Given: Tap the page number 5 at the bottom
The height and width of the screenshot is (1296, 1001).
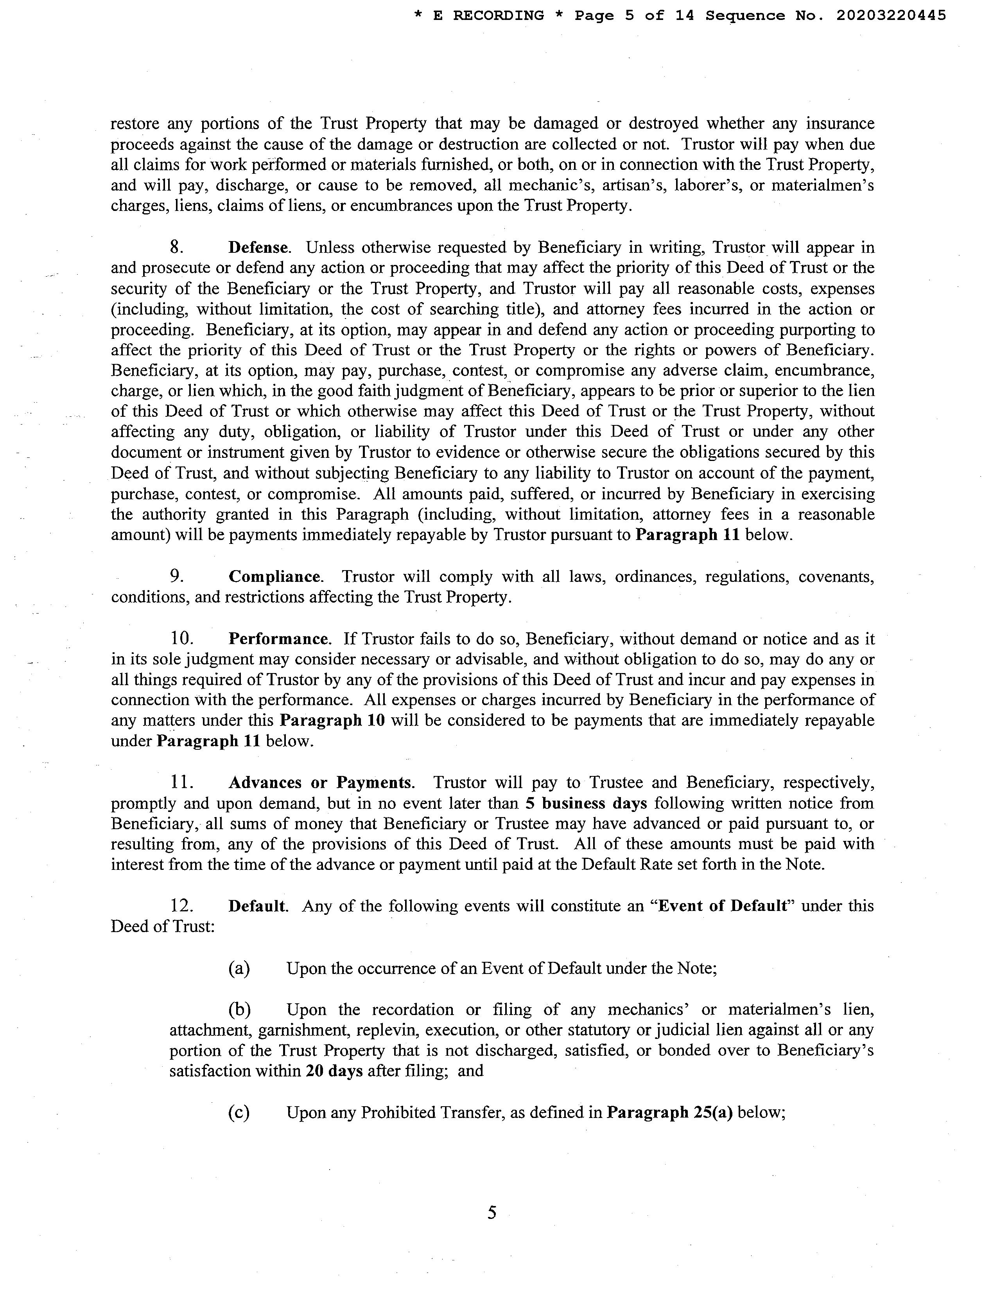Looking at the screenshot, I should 492,1212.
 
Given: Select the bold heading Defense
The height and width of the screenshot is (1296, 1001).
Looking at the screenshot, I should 258,247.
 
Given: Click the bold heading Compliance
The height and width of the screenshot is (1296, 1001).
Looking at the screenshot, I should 274,576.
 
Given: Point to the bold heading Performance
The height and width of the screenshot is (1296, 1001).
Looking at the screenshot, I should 278,639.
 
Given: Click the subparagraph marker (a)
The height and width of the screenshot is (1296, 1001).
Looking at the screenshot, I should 239,968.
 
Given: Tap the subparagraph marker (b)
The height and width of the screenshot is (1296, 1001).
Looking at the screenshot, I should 239,1010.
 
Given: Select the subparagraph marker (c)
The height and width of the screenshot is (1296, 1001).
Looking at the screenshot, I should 239,1112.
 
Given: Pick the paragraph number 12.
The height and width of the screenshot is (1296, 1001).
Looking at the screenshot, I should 181,906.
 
